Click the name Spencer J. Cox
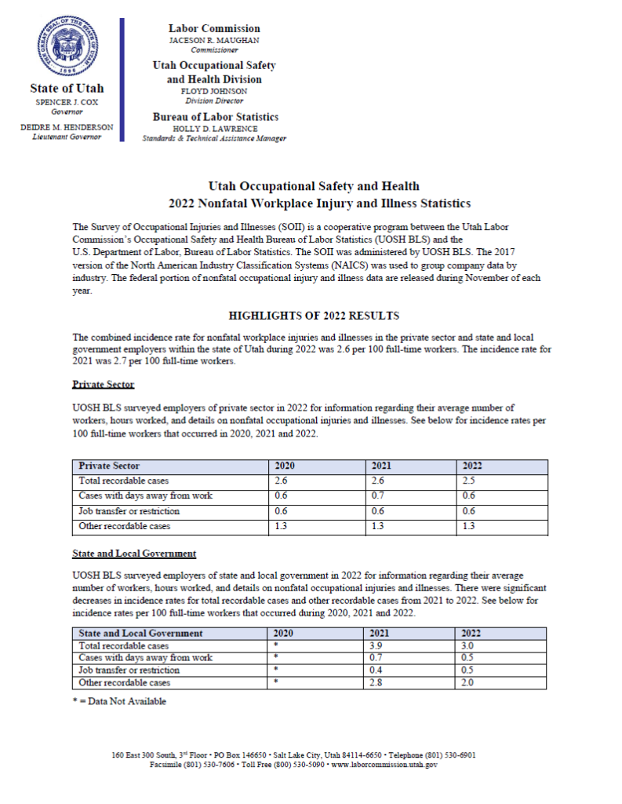point(67,102)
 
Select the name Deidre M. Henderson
point(67,127)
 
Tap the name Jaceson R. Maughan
point(214,40)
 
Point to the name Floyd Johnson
point(214,91)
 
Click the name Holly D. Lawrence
point(214,129)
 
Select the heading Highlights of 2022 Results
point(314,316)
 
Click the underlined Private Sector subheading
point(103,385)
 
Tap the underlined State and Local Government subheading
point(133,554)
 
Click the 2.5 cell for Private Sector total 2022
point(469,481)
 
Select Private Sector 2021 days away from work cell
point(377,496)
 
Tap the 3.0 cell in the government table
point(469,645)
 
